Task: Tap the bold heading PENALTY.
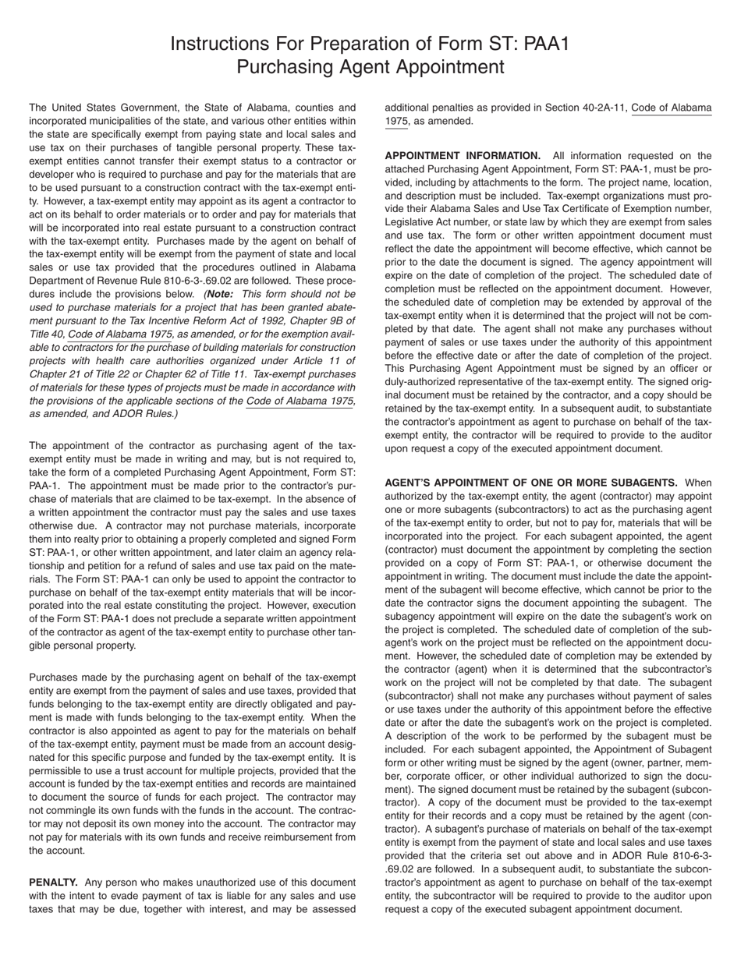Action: (x=52, y=882)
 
